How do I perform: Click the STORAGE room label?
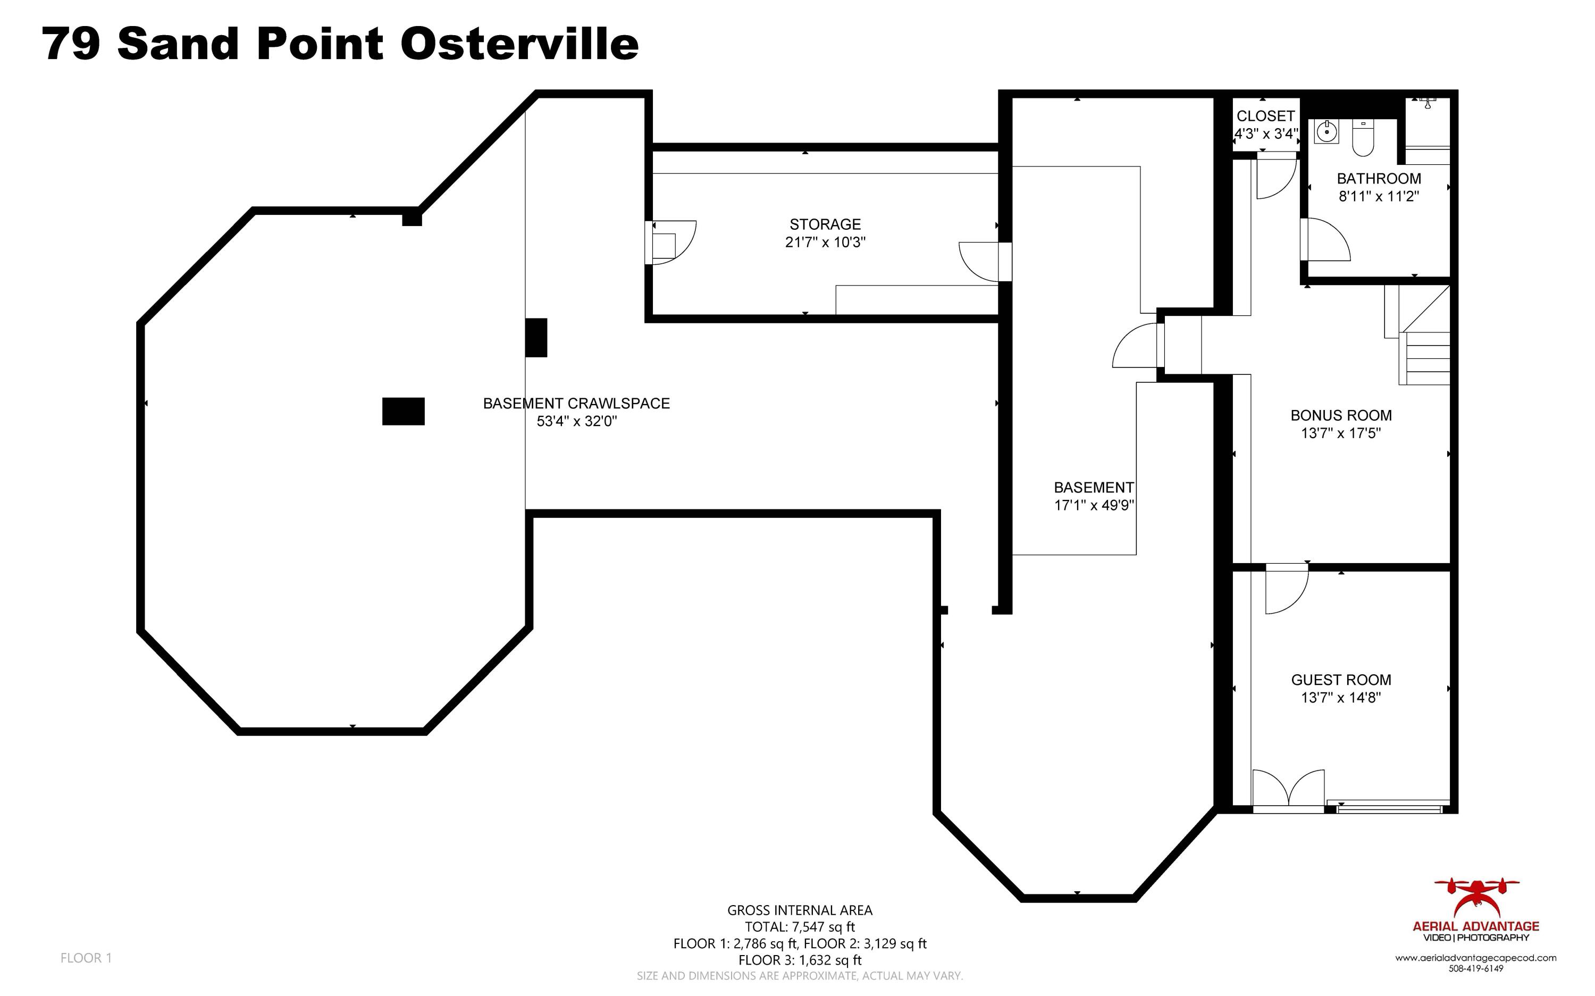click(x=825, y=224)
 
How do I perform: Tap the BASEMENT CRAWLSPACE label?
click(x=576, y=404)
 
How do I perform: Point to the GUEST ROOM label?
click(x=1341, y=680)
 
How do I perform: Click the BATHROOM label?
click(x=1379, y=179)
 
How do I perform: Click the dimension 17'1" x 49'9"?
click(x=1094, y=505)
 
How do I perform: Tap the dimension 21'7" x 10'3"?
click(x=825, y=242)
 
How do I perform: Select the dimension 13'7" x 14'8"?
click(x=1341, y=698)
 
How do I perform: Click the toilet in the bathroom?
click(x=1363, y=138)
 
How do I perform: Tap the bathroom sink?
click(x=1327, y=132)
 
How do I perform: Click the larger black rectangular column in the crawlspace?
click(x=403, y=412)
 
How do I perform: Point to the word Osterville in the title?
click(x=519, y=45)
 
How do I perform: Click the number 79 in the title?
click(x=71, y=45)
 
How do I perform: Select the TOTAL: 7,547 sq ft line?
click(x=800, y=927)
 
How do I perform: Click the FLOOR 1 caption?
click(x=86, y=958)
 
